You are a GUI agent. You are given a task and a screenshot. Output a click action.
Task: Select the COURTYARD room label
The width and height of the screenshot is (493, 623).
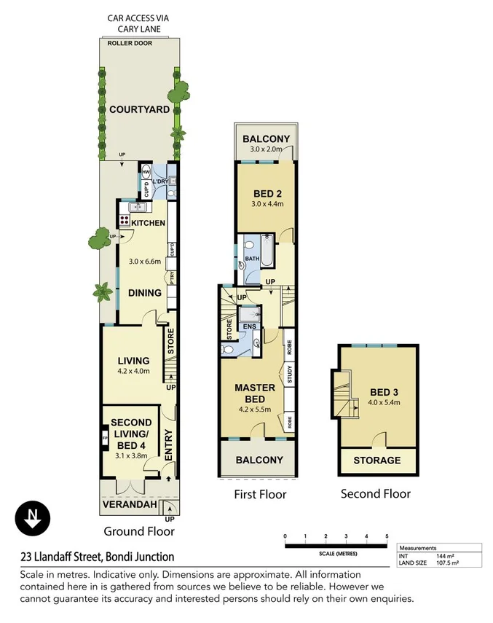click(x=139, y=110)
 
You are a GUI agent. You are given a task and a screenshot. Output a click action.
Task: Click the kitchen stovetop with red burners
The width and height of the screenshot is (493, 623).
click(x=125, y=220)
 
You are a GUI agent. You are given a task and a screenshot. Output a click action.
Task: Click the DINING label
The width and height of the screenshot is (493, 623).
click(x=144, y=293)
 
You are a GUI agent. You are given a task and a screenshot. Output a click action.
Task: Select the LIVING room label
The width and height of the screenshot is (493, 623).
click(x=133, y=361)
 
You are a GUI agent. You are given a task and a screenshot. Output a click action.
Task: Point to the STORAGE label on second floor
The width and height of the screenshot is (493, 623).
click(x=376, y=460)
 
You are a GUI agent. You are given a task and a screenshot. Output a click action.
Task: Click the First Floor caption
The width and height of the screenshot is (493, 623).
click(x=260, y=494)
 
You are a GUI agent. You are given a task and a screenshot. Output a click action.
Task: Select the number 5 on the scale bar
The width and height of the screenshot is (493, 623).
click(x=387, y=536)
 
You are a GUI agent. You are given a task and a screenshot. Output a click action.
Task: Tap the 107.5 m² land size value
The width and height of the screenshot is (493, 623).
click(x=448, y=563)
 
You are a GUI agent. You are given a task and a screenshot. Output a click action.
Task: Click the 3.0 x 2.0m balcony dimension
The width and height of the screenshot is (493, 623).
click(x=266, y=149)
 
